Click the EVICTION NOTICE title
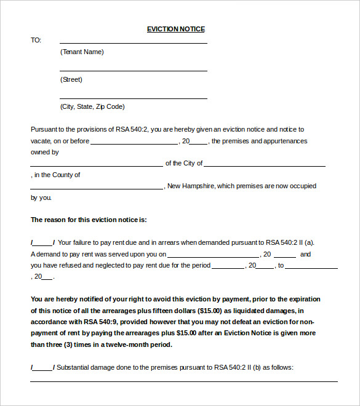pyautogui.click(x=175, y=29)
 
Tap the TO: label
pyautogui.click(x=36, y=40)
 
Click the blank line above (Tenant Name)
pyautogui.click(x=133, y=42)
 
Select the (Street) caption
pyautogui.click(x=71, y=79)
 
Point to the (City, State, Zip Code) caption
pyautogui.click(x=92, y=106)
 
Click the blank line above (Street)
pyautogui.click(x=133, y=70)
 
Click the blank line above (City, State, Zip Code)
pyautogui.click(x=133, y=97)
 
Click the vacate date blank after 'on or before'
pyautogui.click(x=134, y=143)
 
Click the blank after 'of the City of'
pyautogui.click(x=264, y=165)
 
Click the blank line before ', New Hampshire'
pyautogui.click(x=97, y=188)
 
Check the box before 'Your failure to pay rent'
pyautogui.click(x=42, y=244)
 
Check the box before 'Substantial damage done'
pyautogui.click(x=42, y=368)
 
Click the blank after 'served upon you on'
pyautogui.click(x=213, y=256)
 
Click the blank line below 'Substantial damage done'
pyautogui.click(x=183, y=380)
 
